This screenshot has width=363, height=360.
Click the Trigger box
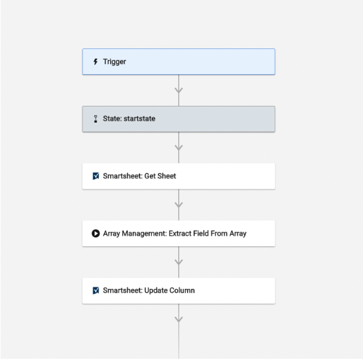(178, 62)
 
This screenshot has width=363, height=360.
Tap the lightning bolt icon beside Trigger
(96, 62)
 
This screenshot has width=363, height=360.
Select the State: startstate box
(178, 119)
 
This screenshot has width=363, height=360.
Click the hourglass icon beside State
(96, 119)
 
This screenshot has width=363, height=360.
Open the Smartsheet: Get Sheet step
(178, 176)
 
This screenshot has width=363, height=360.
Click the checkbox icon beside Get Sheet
(96, 176)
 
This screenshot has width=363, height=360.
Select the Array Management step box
(178, 233)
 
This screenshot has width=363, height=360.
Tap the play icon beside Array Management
(96, 234)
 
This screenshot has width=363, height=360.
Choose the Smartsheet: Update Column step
(178, 291)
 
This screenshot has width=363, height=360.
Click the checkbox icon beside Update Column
(96, 291)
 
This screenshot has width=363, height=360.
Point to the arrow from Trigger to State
(178, 90)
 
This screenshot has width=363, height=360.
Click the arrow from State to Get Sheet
(178, 148)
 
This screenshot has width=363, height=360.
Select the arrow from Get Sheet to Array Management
(178, 205)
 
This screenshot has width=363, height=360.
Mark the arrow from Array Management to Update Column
(178, 262)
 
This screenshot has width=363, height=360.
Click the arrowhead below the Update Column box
(178, 319)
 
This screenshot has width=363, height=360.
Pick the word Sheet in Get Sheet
(167, 176)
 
